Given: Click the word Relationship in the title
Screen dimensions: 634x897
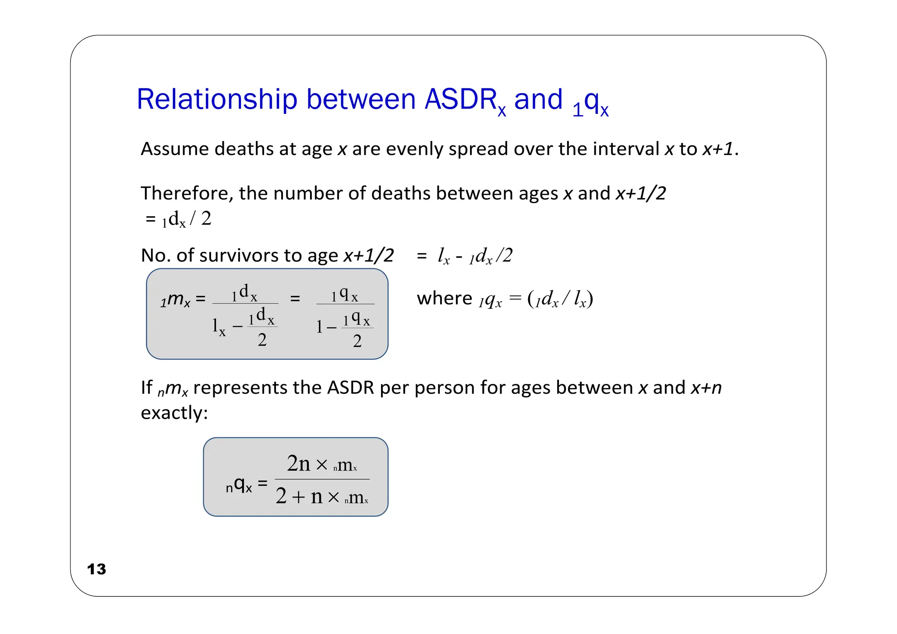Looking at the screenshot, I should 217,99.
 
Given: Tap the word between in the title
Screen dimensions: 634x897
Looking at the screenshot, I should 360,99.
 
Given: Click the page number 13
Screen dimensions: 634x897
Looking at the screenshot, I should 96,569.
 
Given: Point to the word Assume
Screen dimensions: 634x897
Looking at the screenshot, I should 174,149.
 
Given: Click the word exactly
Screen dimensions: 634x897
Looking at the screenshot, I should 174,413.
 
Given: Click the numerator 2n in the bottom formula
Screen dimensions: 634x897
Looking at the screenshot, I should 298,463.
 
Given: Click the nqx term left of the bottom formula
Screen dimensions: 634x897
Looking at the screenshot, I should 239,485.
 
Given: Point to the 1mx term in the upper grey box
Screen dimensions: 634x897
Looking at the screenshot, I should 175,300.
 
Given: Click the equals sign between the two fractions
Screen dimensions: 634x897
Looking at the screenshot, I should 295,299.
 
